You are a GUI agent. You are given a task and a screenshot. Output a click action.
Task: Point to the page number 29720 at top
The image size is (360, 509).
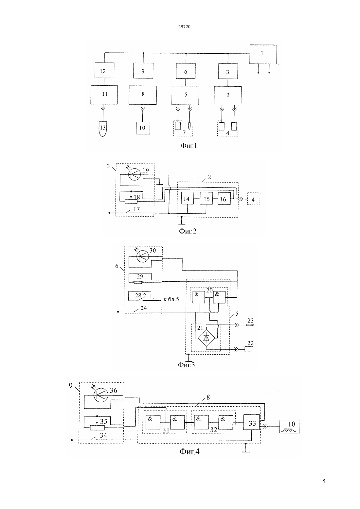click(x=184, y=26)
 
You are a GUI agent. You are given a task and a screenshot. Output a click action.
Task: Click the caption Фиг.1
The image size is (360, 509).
click(x=189, y=146)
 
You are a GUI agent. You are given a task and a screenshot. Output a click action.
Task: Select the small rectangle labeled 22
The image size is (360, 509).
click(x=249, y=349)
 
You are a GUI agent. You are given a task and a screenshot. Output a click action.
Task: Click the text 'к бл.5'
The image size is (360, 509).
click(x=171, y=299)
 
